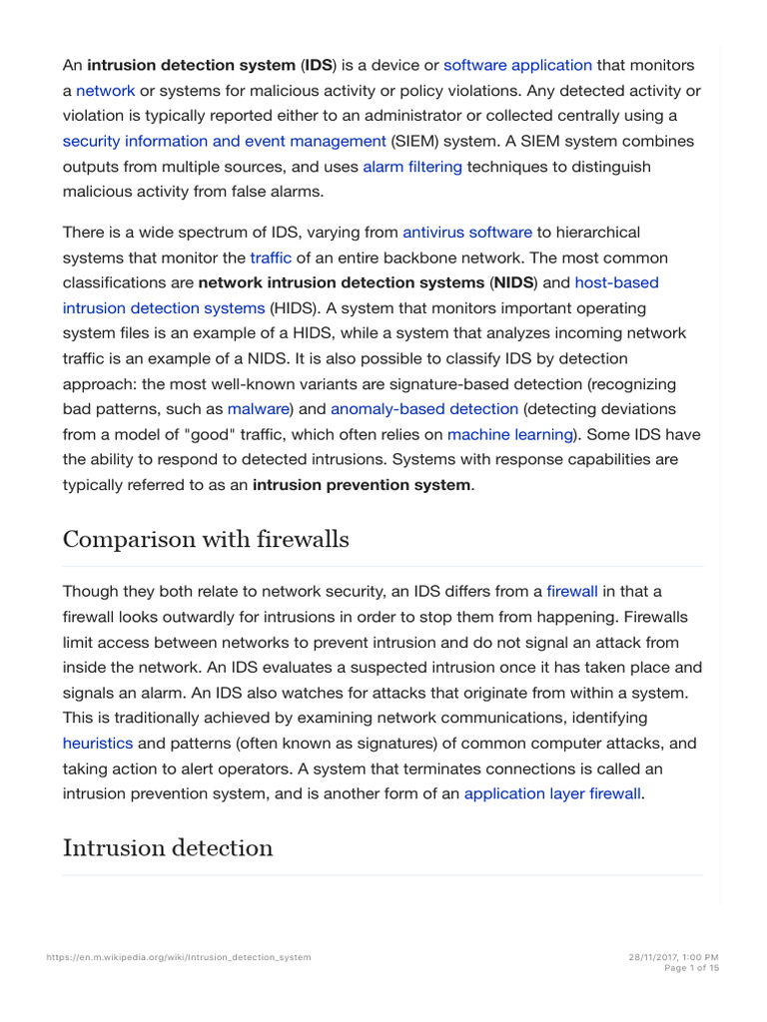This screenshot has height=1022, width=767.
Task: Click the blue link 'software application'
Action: [517, 65]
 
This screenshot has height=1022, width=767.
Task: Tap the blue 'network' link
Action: [105, 91]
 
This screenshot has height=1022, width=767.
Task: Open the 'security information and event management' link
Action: [224, 141]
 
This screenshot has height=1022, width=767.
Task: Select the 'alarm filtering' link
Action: [411, 167]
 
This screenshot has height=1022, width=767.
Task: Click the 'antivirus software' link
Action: [467, 233]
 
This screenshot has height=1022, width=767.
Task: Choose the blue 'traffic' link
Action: [270, 257]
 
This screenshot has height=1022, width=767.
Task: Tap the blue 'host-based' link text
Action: [616, 282]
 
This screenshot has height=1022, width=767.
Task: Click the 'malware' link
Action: [258, 408]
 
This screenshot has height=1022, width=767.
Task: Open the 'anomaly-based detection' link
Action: [424, 408]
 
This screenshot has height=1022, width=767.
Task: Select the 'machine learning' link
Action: [510, 434]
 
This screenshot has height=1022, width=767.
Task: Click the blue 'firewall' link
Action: [572, 591]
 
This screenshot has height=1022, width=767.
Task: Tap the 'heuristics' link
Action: [98, 744]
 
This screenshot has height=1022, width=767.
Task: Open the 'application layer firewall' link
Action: [552, 794]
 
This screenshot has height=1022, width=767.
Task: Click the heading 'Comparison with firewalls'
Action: [206, 540]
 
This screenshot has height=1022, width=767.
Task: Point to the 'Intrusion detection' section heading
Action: [168, 848]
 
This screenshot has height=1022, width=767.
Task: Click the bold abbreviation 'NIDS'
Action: [513, 282]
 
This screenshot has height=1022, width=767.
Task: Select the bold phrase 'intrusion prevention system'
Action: [362, 485]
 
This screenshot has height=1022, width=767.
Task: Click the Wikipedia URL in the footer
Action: [179, 957]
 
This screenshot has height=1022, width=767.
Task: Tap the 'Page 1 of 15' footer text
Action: [691, 968]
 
